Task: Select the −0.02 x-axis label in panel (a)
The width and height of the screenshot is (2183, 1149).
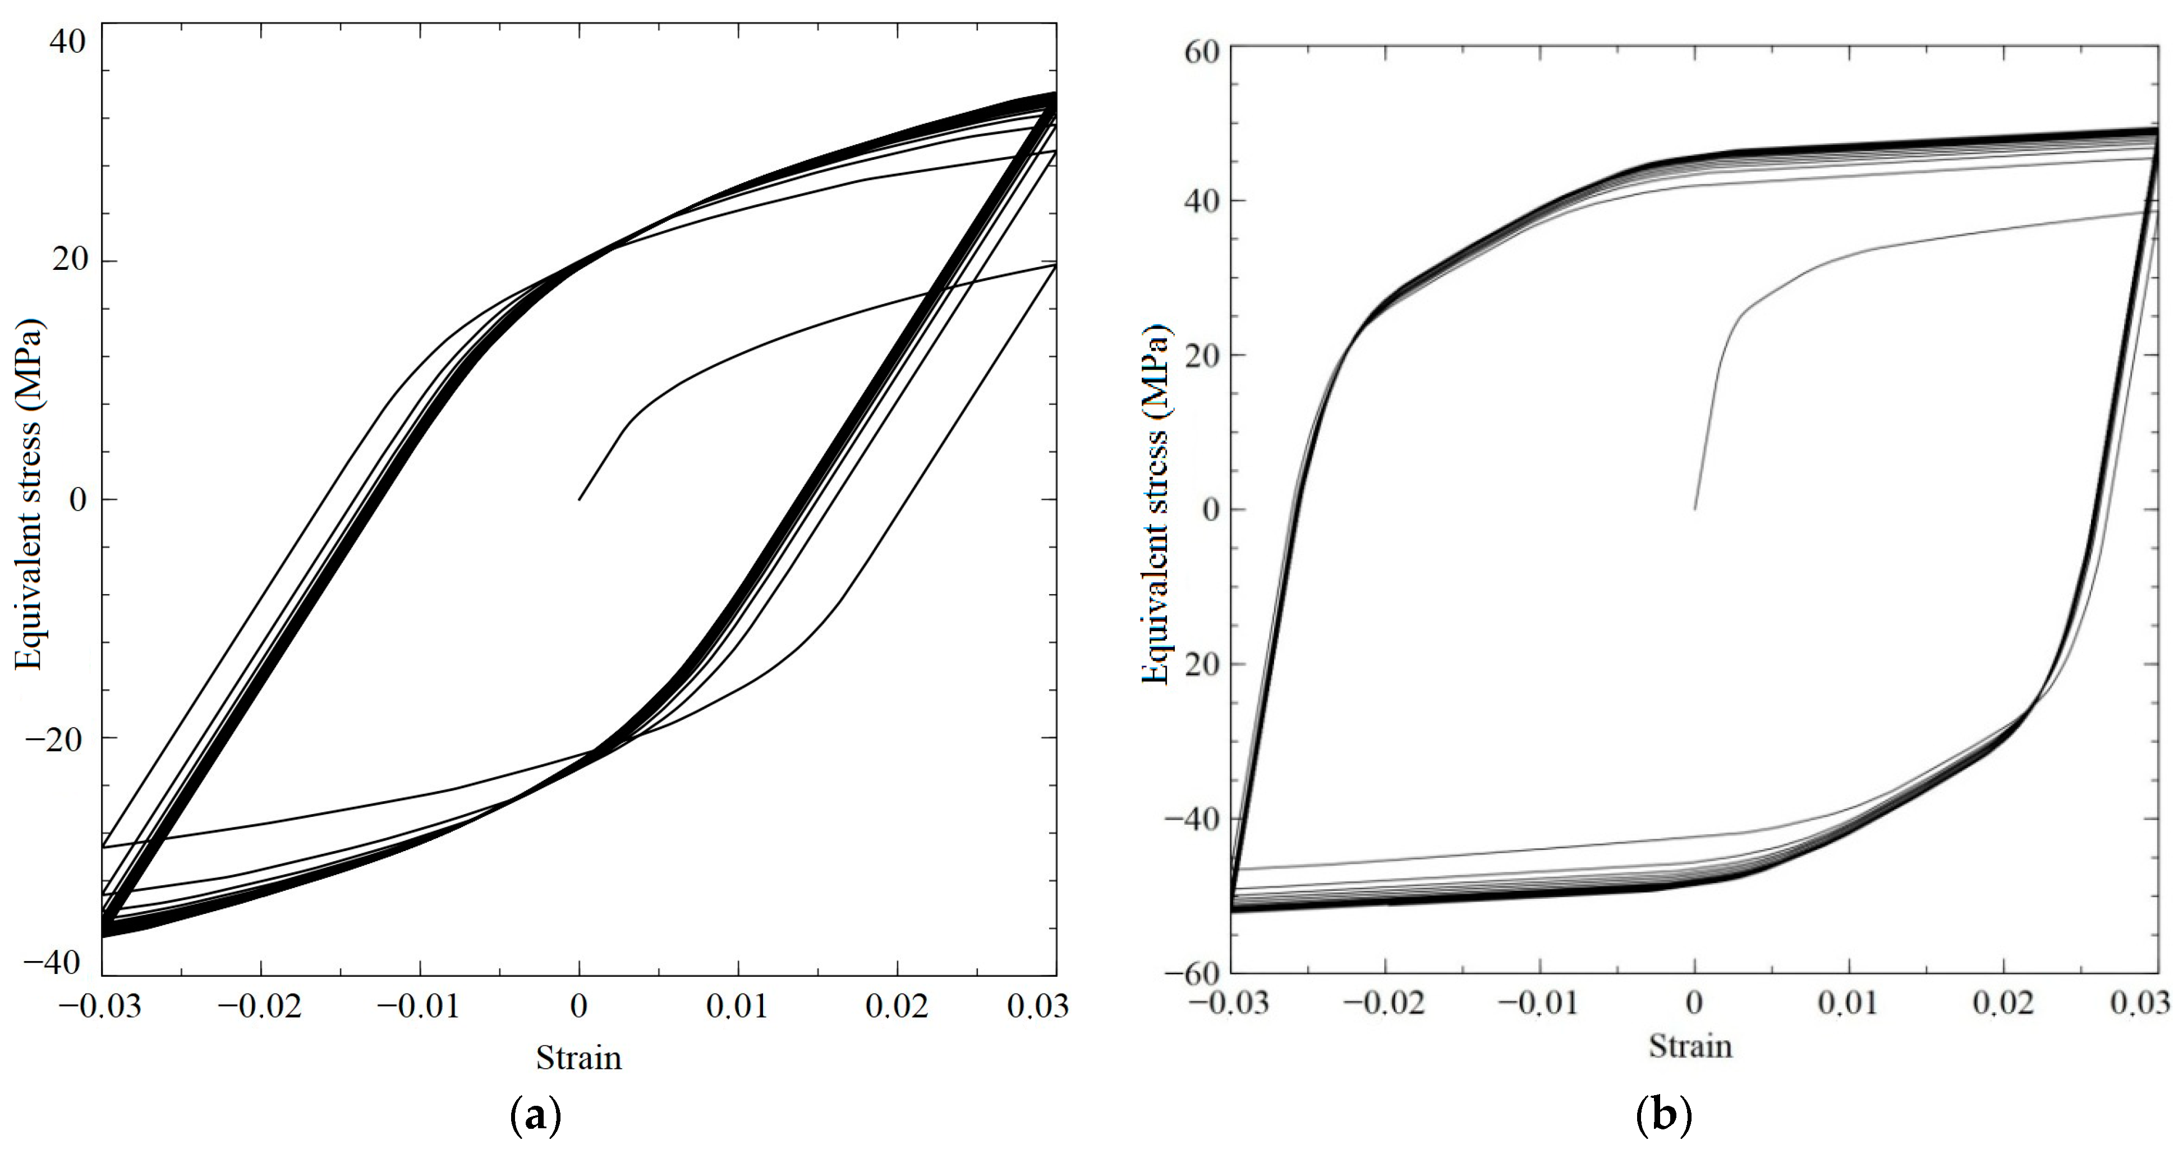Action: [260, 1006]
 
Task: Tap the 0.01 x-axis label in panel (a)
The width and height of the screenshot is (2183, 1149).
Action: [738, 1006]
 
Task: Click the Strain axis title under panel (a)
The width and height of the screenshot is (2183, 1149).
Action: [579, 1058]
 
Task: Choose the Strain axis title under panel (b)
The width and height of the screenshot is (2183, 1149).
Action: [1690, 1046]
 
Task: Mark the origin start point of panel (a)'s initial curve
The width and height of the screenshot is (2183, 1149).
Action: [579, 500]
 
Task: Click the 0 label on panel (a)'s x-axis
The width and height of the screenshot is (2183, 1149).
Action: [579, 1006]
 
